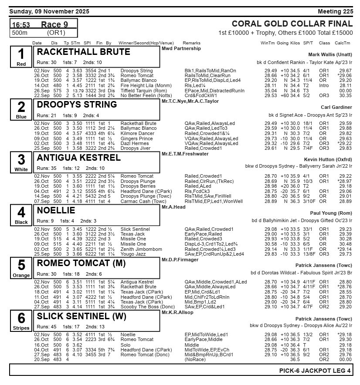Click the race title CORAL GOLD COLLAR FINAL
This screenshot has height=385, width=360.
[x=292, y=24]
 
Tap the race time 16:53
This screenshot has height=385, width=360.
[x=21, y=25]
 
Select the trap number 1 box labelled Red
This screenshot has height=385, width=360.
[x=21, y=57]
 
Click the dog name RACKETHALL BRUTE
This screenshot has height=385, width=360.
[x=84, y=52]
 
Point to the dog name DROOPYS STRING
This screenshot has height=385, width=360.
[x=77, y=105]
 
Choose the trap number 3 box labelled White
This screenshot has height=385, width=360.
[x=21, y=162]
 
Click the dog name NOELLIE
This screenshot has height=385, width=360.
[x=56, y=211]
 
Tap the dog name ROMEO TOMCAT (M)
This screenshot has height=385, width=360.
[x=82, y=263]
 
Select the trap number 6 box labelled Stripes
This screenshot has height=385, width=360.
[x=21, y=320]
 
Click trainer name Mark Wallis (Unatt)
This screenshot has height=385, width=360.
[x=330, y=54]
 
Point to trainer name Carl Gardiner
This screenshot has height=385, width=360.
[x=336, y=107]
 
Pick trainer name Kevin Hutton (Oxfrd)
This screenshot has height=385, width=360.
[x=328, y=160]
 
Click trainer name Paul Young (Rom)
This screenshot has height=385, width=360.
[x=331, y=213]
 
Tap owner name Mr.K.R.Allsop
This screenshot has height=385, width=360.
[x=177, y=312]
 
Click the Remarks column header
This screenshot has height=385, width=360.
[x=192, y=43]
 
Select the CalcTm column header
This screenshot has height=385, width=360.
[x=343, y=43]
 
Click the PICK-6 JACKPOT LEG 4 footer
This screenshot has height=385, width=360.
[x=315, y=371]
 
